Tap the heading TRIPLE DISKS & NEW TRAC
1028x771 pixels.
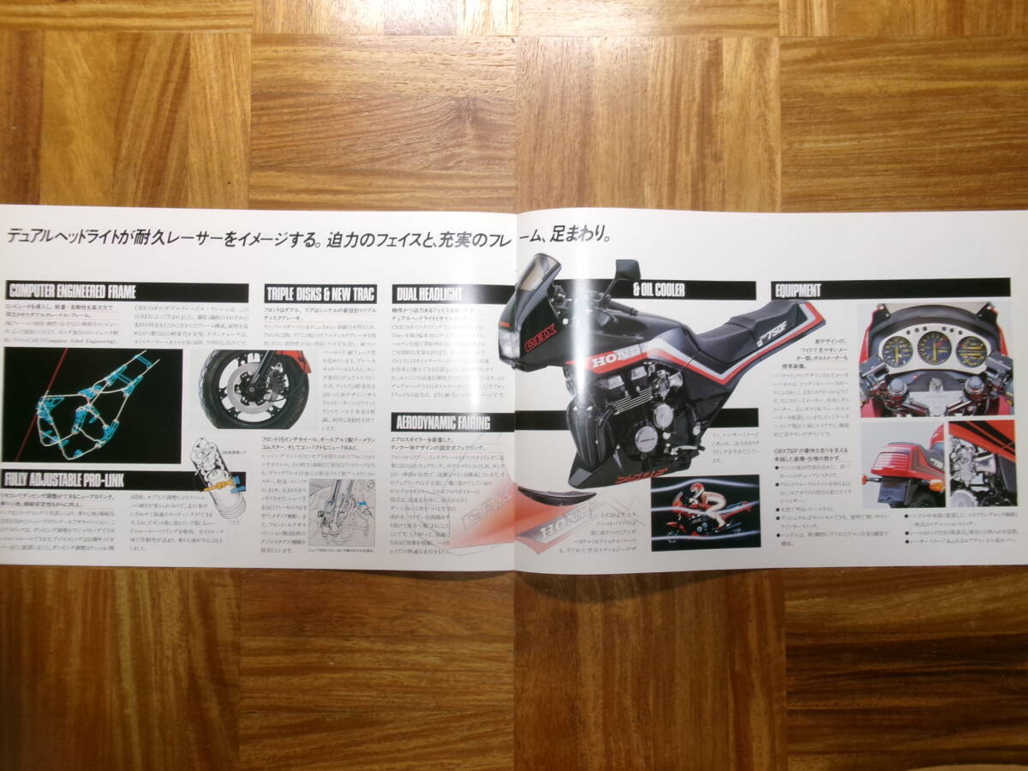319,294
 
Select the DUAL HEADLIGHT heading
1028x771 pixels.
428,294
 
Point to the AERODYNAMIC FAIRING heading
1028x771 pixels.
440,421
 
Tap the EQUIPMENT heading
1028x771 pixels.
798,290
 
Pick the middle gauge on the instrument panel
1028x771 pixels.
934,347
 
